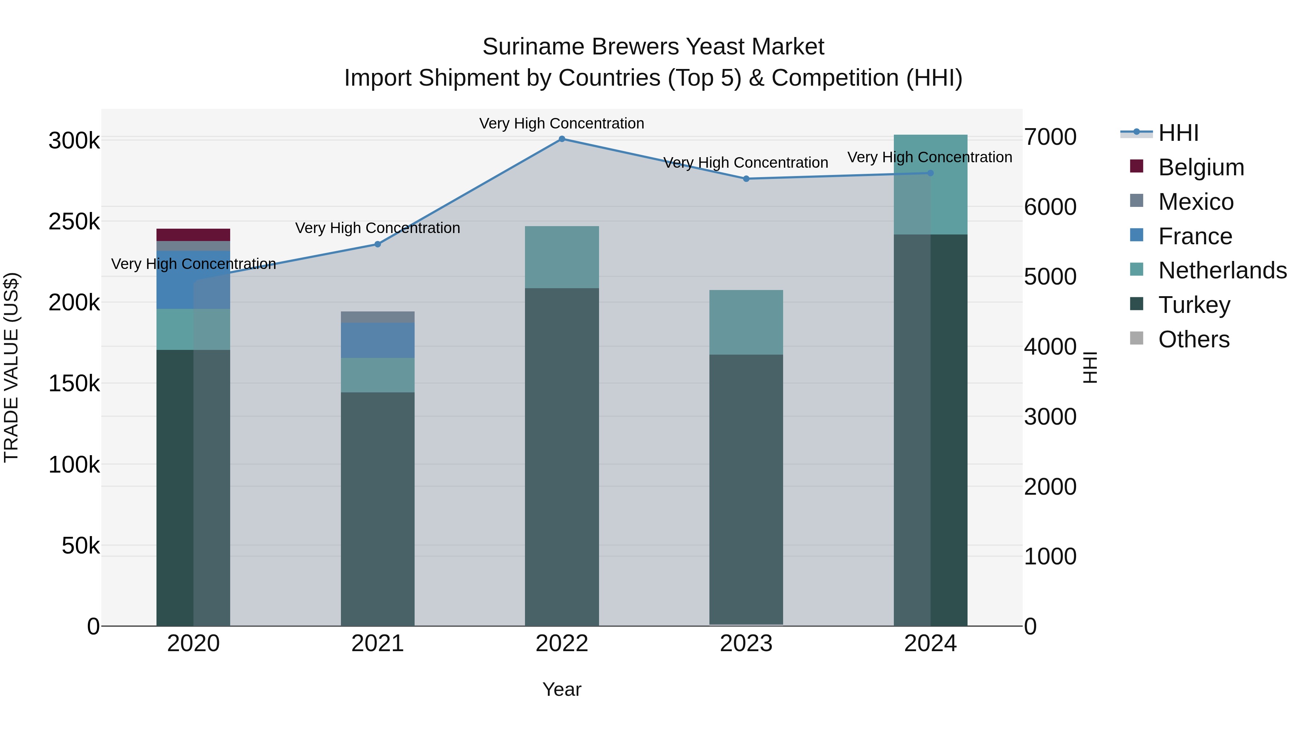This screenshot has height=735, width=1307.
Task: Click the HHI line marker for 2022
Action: [562, 139]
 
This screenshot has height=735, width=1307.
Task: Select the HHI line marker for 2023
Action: [746, 179]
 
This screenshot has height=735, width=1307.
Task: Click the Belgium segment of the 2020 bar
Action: [193, 235]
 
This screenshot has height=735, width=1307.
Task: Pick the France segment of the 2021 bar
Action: [378, 340]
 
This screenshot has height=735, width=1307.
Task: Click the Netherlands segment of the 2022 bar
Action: [562, 257]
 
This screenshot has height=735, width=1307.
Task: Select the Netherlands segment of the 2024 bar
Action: [931, 185]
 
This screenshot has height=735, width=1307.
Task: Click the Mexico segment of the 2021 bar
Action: [378, 317]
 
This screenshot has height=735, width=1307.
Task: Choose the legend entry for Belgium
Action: [1201, 167]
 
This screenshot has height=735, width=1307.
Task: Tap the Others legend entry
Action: [1193, 339]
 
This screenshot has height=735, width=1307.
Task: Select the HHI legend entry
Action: [1178, 133]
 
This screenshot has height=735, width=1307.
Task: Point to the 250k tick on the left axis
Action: [74, 222]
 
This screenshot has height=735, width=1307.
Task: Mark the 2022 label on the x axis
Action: [562, 644]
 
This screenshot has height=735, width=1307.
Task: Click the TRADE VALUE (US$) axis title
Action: [11, 367]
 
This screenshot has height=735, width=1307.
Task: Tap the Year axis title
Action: [562, 689]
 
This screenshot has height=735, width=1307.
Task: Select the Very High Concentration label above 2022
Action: [562, 123]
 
